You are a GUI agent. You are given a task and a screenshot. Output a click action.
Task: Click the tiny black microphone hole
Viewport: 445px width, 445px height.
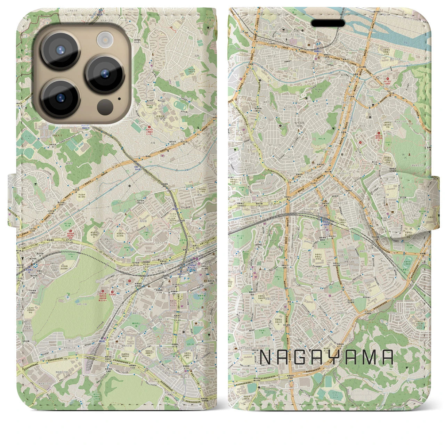[x=119, y=98]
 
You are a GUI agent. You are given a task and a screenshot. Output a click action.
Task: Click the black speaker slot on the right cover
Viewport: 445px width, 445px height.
[x=327, y=23]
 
